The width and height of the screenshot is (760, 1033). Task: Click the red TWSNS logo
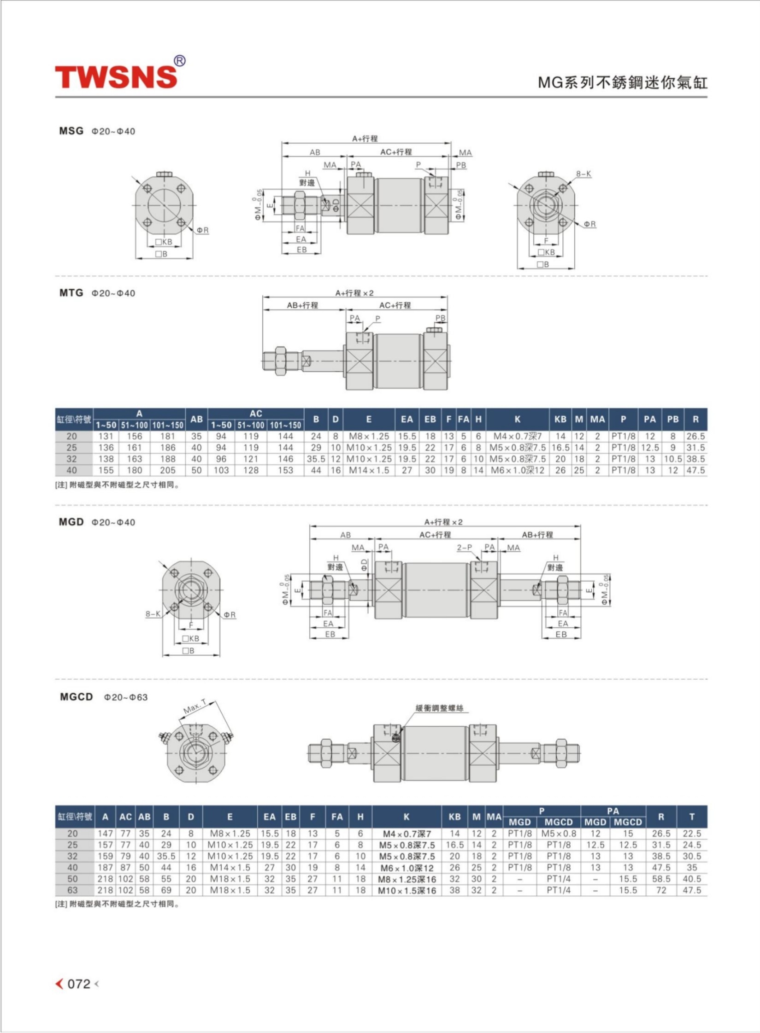pos(117,76)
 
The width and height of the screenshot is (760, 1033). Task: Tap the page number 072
pos(79,984)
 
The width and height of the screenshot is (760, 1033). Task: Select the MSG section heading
pos(71,131)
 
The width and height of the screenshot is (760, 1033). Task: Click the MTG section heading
pos(71,293)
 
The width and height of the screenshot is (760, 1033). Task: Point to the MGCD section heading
pos(77,697)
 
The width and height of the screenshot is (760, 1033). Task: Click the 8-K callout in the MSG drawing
pos(583,174)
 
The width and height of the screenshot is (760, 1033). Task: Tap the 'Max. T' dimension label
pos(195,707)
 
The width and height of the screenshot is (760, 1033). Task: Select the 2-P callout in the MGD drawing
pos(465,548)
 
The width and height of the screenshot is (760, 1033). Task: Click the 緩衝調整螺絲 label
pos(440,708)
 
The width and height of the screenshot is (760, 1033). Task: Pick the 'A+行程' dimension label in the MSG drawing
pos(365,139)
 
